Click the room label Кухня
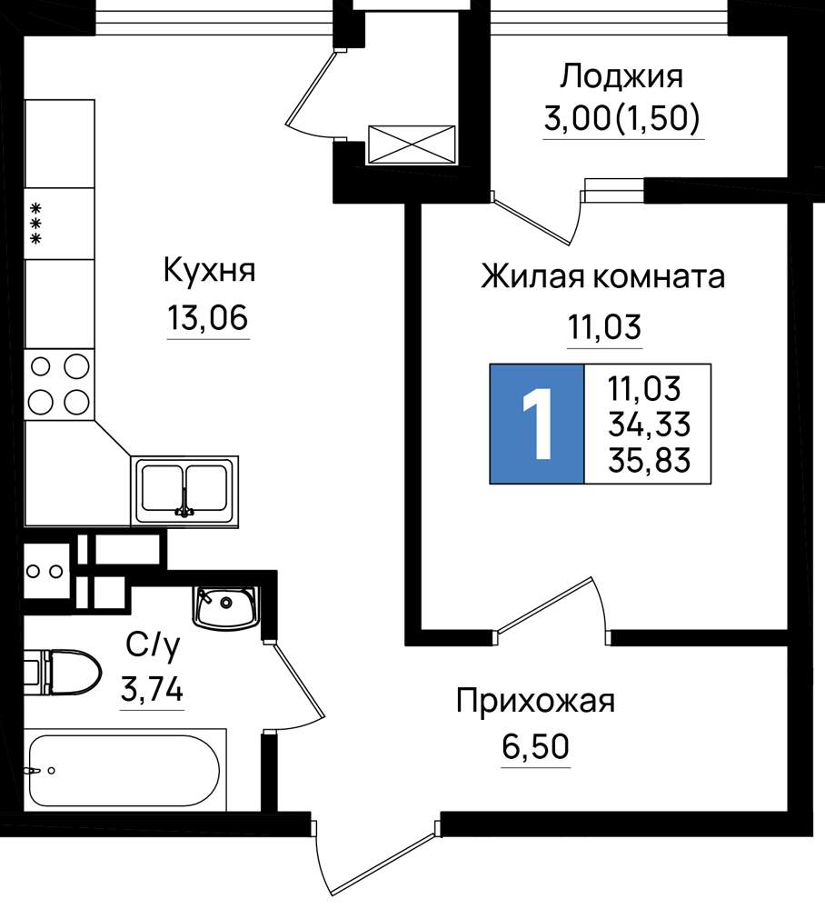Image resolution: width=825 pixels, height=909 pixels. click(x=209, y=271)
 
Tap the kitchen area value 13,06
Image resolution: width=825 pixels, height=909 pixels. click(x=208, y=317)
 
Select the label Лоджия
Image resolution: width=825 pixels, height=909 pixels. click(x=621, y=77)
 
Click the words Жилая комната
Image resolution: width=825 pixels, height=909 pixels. click(x=603, y=277)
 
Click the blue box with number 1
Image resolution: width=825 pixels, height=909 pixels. click(x=536, y=424)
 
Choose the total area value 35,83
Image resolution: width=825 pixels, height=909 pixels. click(x=649, y=460)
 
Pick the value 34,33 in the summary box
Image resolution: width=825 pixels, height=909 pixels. click(x=649, y=425)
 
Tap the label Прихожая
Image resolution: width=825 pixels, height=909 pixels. click(x=535, y=702)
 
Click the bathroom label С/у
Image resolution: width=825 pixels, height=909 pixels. click(x=153, y=645)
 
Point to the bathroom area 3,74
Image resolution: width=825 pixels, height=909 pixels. click(x=152, y=690)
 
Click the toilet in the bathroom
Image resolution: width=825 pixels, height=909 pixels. click(x=63, y=673)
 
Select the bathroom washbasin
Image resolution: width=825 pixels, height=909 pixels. click(x=225, y=608)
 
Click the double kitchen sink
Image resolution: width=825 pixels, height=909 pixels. click(x=184, y=491)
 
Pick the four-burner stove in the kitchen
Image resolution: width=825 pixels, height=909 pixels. click(x=59, y=385)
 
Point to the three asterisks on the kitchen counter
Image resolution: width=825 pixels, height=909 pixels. click(x=36, y=223)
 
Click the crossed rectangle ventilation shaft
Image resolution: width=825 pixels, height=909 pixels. click(x=412, y=145)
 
